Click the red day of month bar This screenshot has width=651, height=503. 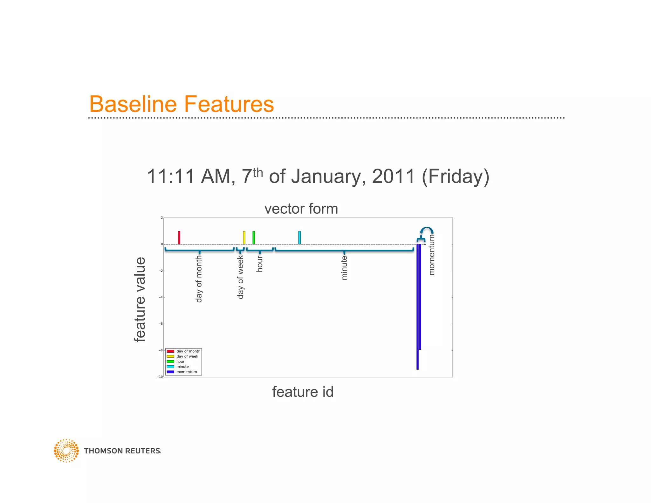pyautogui.click(x=179, y=238)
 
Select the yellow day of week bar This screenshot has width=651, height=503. pyautogui.click(x=244, y=238)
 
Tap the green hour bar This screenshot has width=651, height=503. pyautogui.click(x=254, y=238)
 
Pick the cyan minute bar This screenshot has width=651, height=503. pyautogui.click(x=299, y=238)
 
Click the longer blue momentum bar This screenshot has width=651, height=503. pyautogui.click(x=417, y=307)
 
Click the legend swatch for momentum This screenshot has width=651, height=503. pyautogui.click(x=170, y=372)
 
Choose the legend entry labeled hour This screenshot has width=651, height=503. pyautogui.click(x=180, y=362)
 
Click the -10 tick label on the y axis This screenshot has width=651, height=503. pyautogui.click(x=160, y=377)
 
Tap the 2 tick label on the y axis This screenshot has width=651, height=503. pyautogui.click(x=161, y=218)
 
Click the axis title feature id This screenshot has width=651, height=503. pyautogui.click(x=303, y=392)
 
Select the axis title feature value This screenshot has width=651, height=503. pyautogui.click(x=140, y=300)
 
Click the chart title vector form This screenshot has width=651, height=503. pyautogui.click(x=301, y=209)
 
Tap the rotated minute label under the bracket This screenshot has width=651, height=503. pyautogui.click(x=344, y=268)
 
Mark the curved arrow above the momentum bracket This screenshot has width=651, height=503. pyautogui.click(x=427, y=230)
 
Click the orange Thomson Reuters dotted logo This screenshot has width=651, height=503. pyautogui.click(x=66, y=451)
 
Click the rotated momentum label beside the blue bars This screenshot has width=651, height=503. pyautogui.click(x=431, y=255)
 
